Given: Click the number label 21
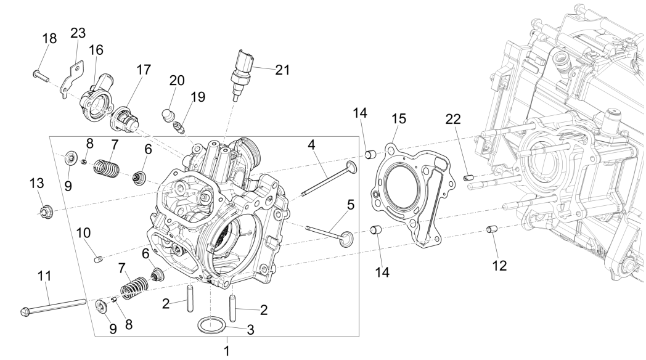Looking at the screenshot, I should click(282, 70).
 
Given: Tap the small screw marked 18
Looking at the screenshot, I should click(39, 76).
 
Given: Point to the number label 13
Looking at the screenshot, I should click(37, 183).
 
